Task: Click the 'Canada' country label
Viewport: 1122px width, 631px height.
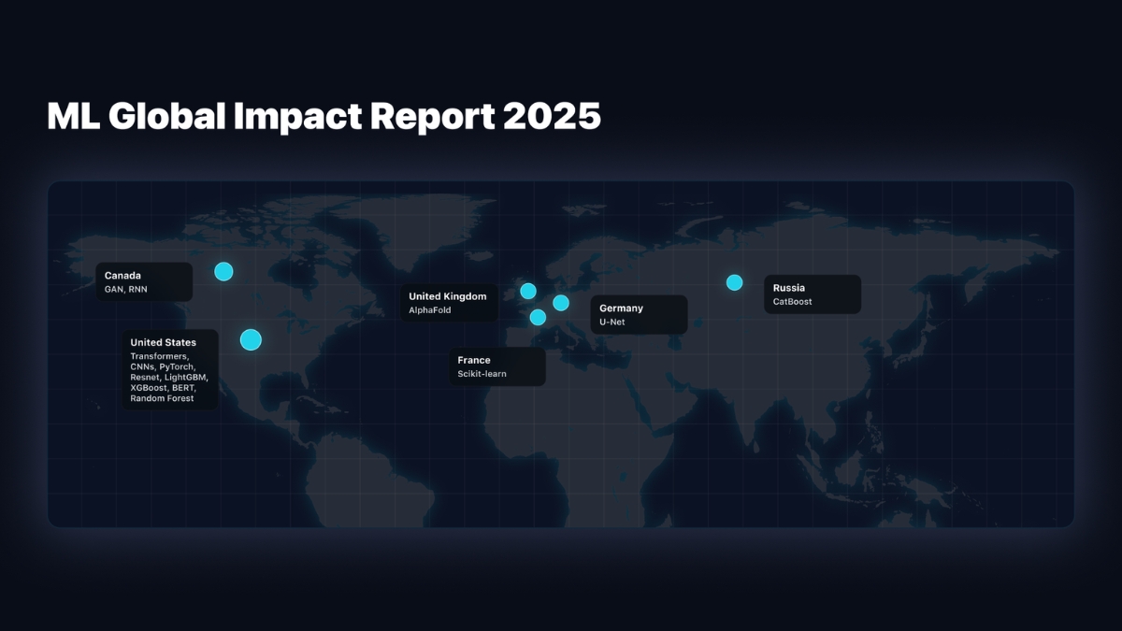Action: (x=122, y=276)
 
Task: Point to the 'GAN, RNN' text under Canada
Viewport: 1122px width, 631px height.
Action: (x=125, y=290)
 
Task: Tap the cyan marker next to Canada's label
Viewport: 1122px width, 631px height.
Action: (x=223, y=272)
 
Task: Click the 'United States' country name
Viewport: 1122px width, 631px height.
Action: (x=163, y=342)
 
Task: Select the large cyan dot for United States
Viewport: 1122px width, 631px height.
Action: (x=251, y=339)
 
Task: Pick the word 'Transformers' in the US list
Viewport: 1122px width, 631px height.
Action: (x=159, y=357)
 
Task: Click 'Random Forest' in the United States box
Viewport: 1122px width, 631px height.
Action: (x=162, y=398)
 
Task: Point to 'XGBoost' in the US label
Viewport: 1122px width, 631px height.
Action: (x=149, y=388)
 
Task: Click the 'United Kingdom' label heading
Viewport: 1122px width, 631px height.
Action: (x=447, y=296)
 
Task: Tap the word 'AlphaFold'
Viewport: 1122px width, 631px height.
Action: (x=430, y=310)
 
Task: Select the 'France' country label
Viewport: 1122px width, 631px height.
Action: (x=474, y=360)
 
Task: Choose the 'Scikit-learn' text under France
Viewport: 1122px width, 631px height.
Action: (x=482, y=374)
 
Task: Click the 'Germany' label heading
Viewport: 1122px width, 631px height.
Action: (x=621, y=308)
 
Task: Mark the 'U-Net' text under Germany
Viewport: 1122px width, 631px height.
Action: (x=612, y=323)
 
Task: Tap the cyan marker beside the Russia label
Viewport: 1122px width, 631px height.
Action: (x=734, y=282)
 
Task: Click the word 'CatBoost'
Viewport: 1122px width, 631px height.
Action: (x=792, y=302)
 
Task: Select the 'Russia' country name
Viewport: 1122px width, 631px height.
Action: (x=788, y=288)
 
